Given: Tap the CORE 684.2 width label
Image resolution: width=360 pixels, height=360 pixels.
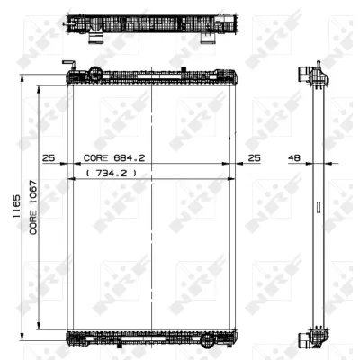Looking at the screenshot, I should [x=115, y=157].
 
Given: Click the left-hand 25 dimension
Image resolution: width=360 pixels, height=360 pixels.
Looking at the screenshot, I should [x=49, y=157].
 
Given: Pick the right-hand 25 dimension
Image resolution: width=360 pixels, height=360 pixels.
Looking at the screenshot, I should [x=255, y=157].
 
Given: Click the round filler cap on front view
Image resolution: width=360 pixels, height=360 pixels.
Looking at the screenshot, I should [x=94, y=75].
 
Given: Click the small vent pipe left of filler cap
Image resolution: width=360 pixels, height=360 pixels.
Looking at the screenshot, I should [x=66, y=65].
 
